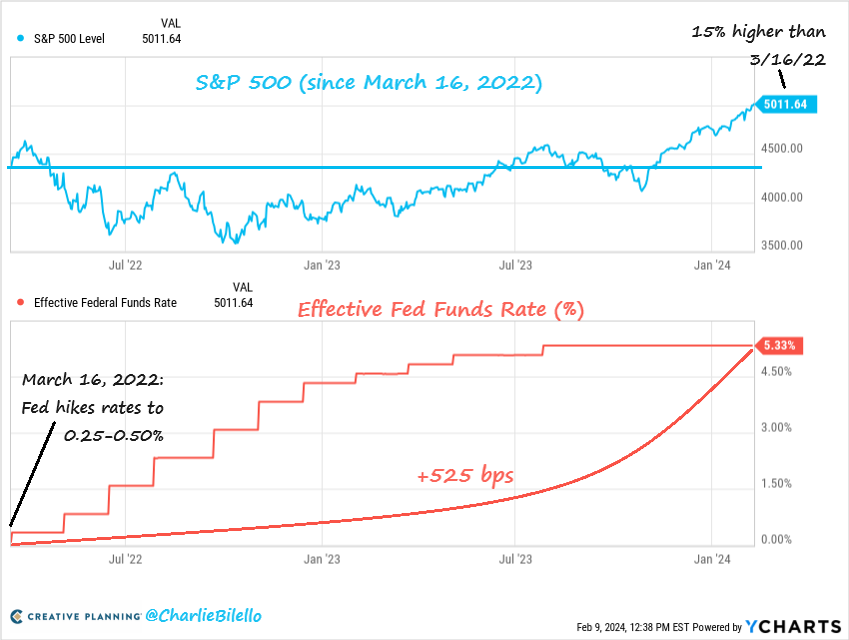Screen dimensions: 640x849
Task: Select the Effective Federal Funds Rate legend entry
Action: [x=105, y=302]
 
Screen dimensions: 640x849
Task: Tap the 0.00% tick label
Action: [x=776, y=540]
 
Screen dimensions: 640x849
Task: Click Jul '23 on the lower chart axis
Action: [x=515, y=561]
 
